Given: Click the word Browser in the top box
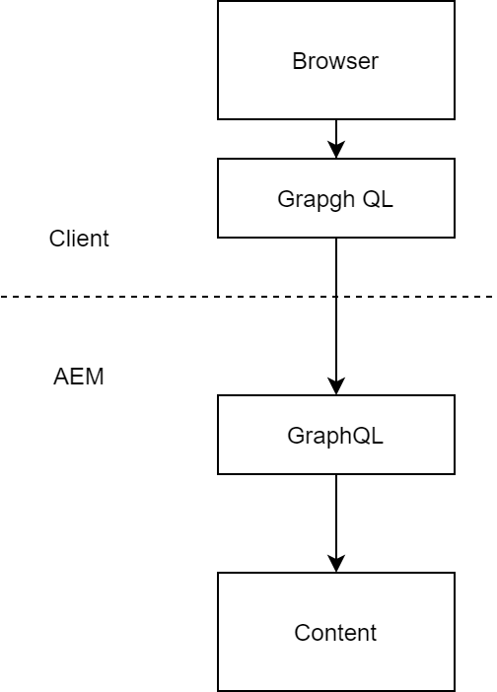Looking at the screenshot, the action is [x=335, y=61].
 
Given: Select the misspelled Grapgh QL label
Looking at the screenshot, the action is [x=335, y=199].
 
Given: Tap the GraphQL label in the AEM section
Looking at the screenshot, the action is [x=335, y=436].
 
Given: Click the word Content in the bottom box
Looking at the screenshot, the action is [x=335, y=633].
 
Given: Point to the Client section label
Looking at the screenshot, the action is [x=79, y=239].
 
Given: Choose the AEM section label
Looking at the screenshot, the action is [x=79, y=377].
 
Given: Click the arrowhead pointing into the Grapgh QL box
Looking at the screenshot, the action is [x=336, y=149].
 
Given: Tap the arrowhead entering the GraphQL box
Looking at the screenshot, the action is [x=336, y=386].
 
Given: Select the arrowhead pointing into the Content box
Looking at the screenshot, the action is [x=336, y=564].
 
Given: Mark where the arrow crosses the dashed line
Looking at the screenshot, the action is [x=336, y=297].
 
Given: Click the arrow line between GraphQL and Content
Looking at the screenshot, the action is [x=336, y=523].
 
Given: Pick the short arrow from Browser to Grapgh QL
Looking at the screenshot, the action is [x=336, y=139].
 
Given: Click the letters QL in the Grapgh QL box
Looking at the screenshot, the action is [x=378, y=199].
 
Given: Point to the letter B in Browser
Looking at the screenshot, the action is [x=299, y=61].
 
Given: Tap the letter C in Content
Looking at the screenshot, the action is [x=303, y=633].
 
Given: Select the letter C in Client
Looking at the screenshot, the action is [x=57, y=239].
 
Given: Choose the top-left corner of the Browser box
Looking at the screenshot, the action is [x=218, y=1].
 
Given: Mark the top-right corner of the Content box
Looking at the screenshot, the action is [x=455, y=573].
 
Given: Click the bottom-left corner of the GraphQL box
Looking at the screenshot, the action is [x=218, y=474].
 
